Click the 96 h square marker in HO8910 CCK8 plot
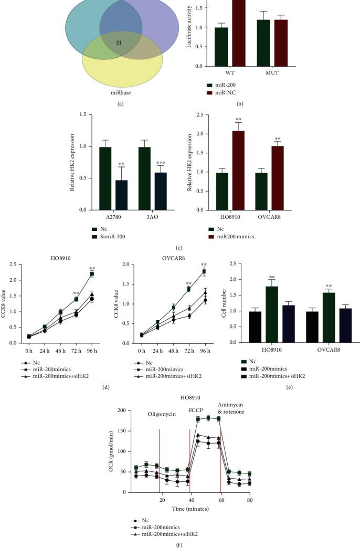(92, 274)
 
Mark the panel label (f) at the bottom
(179, 544)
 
